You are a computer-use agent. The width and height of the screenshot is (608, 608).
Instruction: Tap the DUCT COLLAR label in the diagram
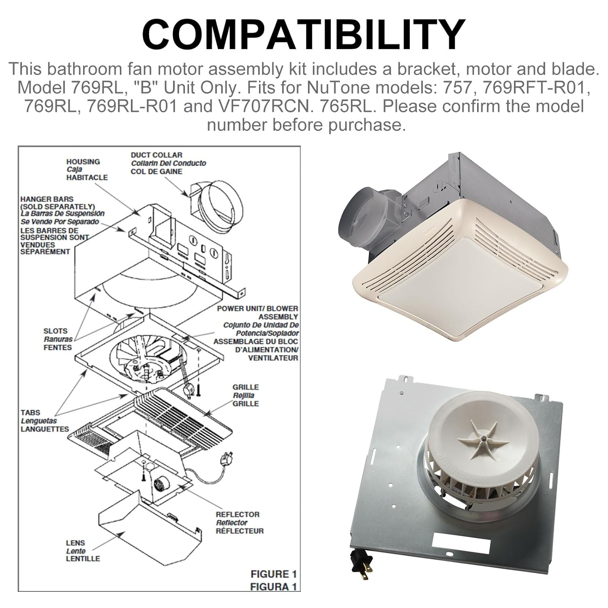[x=156, y=155]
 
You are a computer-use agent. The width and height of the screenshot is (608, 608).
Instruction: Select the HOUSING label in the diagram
[x=83, y=162]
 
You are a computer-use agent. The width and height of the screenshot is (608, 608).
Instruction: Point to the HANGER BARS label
[x=47, y=199]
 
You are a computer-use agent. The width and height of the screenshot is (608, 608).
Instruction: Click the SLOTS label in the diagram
[x=56, y=331]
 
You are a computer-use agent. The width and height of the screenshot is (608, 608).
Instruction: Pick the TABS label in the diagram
[x=30, y=413]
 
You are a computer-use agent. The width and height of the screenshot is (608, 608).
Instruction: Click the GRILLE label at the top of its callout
[x=245, y=387]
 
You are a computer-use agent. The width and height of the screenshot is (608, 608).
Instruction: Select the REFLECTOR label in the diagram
[x=238, y=514]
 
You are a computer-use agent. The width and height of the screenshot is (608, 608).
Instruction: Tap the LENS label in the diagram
[x=75, y=543]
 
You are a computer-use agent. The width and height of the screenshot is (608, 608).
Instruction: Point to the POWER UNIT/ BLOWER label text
[x=257, y=308]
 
